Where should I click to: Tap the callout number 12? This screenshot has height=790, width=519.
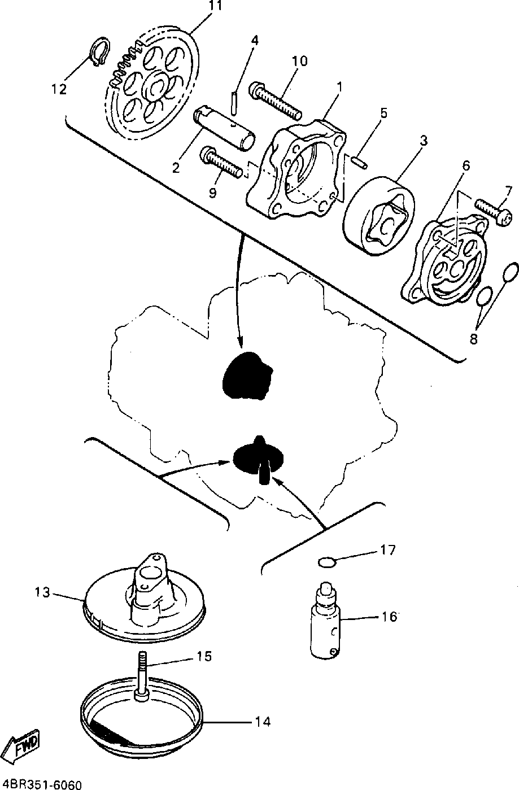click(59, 89)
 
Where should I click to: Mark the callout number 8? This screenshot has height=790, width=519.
click(473, 339)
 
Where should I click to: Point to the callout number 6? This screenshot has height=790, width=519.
click(466, 165)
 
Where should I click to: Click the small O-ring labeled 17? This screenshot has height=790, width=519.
click(327, 562)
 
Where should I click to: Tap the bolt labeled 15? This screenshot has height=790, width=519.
click(141, 678)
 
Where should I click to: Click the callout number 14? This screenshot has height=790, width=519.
click(263, 722)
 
